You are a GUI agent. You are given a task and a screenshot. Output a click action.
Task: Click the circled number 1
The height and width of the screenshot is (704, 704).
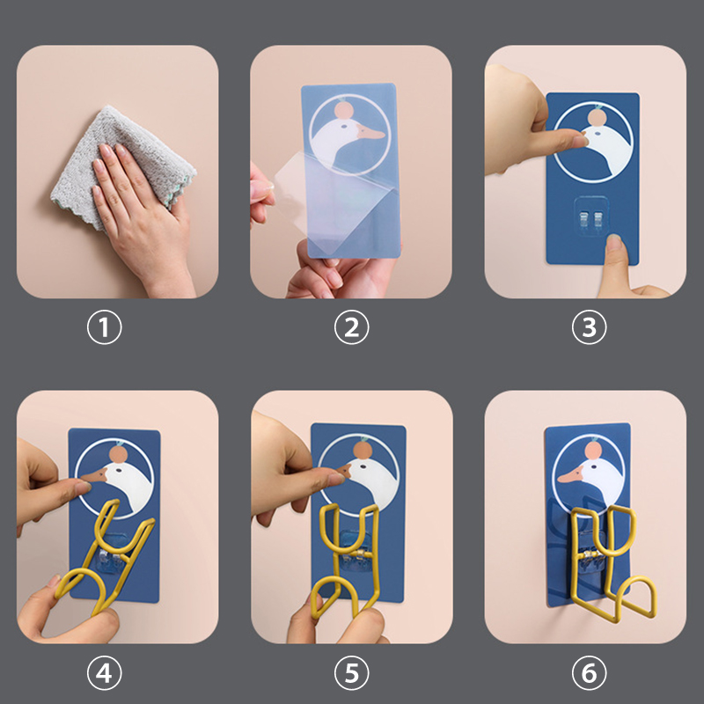[x=104, y=326]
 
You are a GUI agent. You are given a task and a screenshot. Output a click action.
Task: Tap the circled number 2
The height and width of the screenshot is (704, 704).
[x=351, y=326]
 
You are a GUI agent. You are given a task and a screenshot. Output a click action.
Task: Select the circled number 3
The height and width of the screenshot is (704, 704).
[x=589, y=326]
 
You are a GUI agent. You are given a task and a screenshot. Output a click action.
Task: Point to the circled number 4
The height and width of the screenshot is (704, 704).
[x=104, y=673]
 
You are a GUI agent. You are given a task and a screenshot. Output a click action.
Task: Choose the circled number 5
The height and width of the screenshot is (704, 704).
[x=351, y=673]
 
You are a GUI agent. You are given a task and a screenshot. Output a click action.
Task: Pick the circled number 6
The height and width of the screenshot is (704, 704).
[x=589, y=673]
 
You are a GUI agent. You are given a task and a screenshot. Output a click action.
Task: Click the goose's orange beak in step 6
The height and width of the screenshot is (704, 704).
[x=570, y=474]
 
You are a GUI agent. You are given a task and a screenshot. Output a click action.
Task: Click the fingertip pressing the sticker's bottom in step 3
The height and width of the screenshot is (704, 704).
[x=614, y=246]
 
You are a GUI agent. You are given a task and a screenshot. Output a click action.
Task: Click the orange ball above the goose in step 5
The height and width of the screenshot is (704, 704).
[x=362, y=450]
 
